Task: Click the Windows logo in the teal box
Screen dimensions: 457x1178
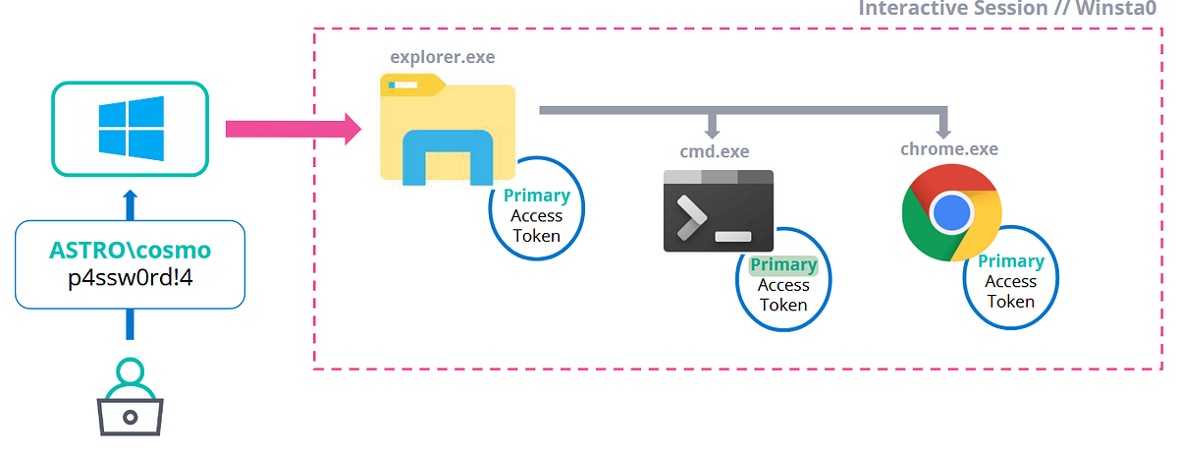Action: click(131, 129)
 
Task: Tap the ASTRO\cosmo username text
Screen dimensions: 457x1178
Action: click(130, 250)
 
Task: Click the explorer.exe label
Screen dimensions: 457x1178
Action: click(442, 57)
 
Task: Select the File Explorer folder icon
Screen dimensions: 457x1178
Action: click(448, 133)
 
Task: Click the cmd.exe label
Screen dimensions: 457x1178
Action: click(714, 150)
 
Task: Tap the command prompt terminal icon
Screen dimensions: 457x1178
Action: click(719, 210)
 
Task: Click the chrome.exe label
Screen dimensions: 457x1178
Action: click(948, 149)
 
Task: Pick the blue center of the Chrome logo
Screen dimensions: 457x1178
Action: click(950, 211)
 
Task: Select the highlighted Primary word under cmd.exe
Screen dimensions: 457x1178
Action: click(782, 265)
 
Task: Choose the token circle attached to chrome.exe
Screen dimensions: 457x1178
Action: click(1010, 281)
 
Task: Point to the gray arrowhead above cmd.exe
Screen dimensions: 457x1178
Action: click(714, 130)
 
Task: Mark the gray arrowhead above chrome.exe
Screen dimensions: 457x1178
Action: click(943, 130)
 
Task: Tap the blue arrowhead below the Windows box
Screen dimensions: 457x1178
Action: click(131, 195)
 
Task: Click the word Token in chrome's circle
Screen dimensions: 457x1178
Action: click(1010, 302)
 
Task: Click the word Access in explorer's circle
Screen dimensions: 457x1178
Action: click(536, 216)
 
